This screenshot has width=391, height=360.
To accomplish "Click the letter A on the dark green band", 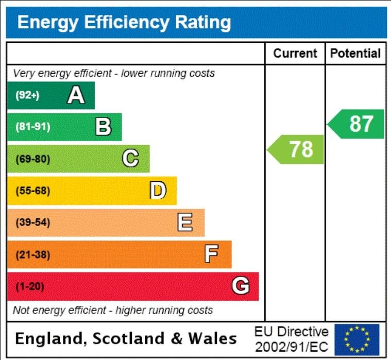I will click(76, 95).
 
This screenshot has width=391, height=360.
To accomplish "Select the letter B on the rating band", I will click(103, 127).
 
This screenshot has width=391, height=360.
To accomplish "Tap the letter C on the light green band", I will click(130, 159).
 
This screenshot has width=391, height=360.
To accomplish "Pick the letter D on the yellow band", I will click(158, 191).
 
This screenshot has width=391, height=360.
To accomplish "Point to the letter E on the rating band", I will click(185, 222).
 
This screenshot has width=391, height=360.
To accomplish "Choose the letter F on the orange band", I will click(211, 254).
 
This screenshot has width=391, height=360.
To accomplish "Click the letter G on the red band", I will click(240, 286).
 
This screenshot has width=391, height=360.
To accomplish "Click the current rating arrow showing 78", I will click(296, 149).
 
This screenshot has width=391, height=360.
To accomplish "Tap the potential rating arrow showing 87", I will click(357, 124).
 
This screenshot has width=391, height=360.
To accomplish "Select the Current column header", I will click(295, 53).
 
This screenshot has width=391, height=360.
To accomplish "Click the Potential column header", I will click(355, 53).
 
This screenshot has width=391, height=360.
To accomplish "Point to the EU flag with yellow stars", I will click(356, 339).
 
